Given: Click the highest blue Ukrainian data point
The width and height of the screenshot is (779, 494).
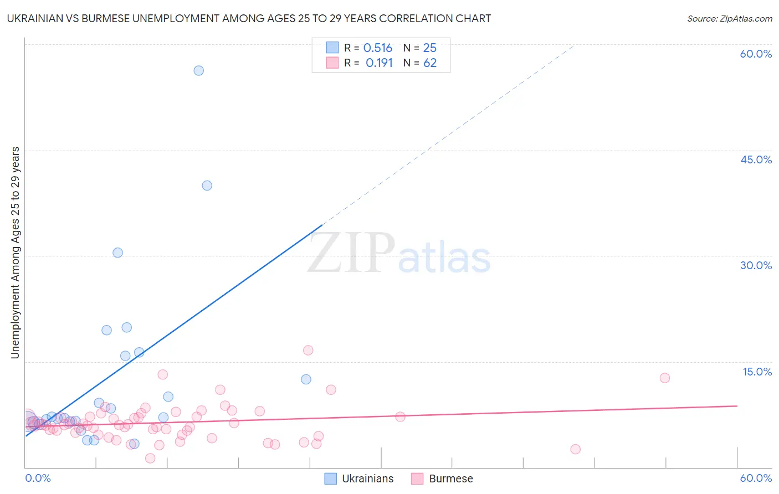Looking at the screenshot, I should click(198, 70).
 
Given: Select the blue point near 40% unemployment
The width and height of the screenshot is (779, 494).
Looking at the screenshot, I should click(207, 186).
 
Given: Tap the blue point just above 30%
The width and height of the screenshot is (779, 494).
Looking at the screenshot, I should click(117, 253).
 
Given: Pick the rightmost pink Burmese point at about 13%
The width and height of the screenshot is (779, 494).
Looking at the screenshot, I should click(665, 378).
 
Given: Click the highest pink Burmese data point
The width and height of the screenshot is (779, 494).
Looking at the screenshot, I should click(308, 350).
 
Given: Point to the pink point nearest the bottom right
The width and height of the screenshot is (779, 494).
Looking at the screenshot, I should click(575, 449).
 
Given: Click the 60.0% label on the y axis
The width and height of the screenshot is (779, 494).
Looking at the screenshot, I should click(756, 54).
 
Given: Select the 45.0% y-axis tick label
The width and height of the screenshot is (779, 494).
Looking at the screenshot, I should click(756, 159).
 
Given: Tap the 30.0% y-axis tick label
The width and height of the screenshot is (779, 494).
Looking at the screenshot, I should click(756, 265).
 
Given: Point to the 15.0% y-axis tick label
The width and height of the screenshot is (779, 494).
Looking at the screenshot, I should click(757, 372).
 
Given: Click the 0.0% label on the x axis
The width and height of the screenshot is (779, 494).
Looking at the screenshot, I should click(38, 478).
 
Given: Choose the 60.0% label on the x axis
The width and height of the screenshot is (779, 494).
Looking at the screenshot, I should click(756, 478).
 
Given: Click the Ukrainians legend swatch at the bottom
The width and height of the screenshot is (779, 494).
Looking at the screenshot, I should click(331, 478).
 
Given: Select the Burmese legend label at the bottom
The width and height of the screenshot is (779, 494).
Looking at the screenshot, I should click(451, 478).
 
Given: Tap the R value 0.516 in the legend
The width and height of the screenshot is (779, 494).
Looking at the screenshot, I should click(378, 48).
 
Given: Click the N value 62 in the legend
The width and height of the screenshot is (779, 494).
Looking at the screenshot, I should click(430, 63).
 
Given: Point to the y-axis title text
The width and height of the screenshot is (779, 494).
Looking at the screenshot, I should click(16, 253).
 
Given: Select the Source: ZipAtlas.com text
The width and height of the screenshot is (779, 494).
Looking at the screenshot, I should click(729, 18).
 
